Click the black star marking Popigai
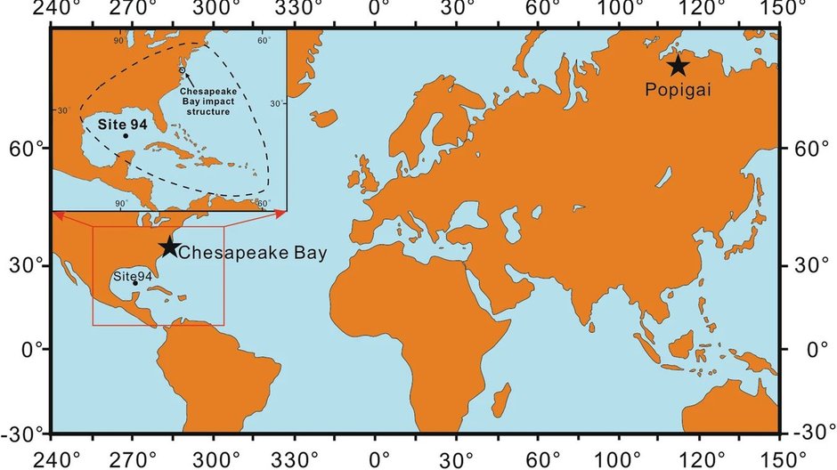click(x=678, y=65)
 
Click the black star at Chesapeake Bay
click(x=168, y=247)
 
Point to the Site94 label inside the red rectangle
click(x=133, y=277)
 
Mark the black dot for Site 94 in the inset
click(x=126, y=135)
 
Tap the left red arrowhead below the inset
click(x=59, y=214)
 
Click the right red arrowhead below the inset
click(x=280, y=214)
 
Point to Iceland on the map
click(x=325, y=117)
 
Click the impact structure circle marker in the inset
click(x=182, y=69)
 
